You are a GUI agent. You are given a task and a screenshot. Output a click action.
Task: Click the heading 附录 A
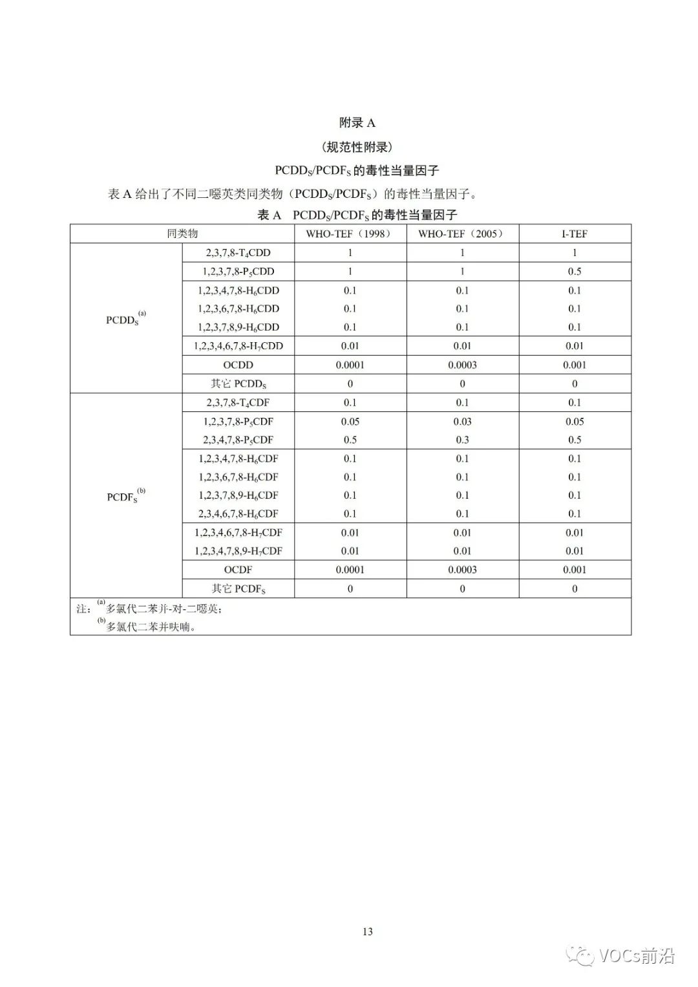357,123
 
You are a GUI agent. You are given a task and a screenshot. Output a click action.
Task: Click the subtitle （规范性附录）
357,147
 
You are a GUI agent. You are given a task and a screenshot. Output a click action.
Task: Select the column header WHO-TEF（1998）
350,233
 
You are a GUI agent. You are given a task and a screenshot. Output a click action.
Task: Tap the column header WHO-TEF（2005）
462,233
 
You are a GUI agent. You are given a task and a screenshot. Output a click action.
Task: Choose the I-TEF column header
575,233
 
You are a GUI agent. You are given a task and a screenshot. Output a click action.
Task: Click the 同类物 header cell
182,233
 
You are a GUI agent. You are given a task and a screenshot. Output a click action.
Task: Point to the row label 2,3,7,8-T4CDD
238,253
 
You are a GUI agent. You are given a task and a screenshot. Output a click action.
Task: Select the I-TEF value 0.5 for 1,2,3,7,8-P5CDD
575,272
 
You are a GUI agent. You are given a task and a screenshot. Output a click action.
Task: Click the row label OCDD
238,365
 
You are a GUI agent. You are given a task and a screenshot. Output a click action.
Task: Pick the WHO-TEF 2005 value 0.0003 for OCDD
462,365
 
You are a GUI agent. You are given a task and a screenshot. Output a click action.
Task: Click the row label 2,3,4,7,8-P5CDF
238,440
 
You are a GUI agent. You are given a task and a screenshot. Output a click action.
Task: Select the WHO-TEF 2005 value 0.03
462,422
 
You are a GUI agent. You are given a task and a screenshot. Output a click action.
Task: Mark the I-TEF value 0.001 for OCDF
575,570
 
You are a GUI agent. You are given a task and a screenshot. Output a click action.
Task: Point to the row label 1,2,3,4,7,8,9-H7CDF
238,551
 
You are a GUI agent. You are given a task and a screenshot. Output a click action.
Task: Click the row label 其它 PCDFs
238,589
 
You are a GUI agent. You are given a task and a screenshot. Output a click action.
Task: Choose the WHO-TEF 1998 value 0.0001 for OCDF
350,570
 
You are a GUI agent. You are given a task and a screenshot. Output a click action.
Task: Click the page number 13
368,931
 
